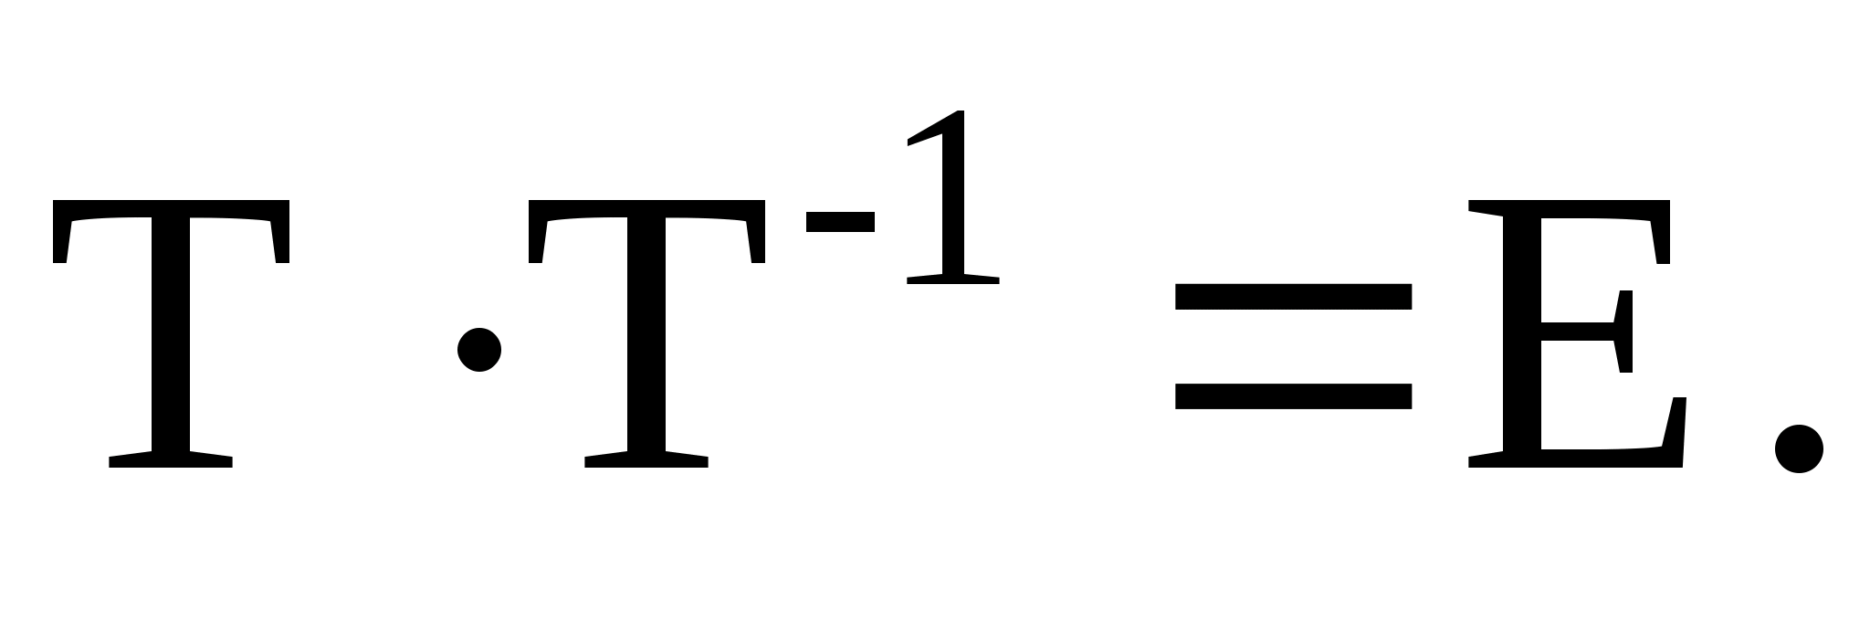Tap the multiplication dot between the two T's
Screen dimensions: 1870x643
click(479, 349)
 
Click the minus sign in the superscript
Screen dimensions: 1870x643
click(840, 222)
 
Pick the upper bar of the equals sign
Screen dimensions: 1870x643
click(1293, 297)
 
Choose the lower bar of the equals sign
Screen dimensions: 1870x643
click(1293, 395)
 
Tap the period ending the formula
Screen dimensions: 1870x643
click(1799, 448)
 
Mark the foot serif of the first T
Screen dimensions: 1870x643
click(171, 459)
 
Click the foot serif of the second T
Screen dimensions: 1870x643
click(646, 459)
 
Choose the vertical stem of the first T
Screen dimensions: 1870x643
click(171, 347)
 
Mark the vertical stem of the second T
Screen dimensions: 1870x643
click(646, 347)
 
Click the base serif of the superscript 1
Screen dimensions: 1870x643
click(952, 279)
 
